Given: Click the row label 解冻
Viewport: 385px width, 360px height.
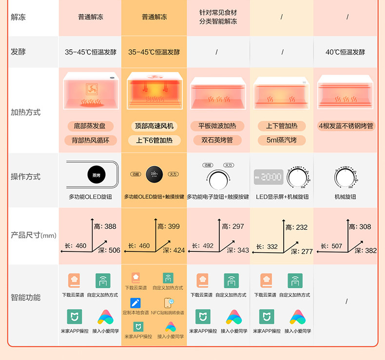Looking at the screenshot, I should point(18,18).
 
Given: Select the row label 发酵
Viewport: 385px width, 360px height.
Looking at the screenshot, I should point(18,52).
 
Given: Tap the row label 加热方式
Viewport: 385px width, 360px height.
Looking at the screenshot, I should point(25,112).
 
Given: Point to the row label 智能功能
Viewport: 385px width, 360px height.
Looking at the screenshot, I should point(25,297).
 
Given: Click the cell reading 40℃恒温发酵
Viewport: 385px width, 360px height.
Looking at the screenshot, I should point(345,52).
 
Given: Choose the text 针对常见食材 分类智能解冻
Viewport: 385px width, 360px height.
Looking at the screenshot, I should point(218,18).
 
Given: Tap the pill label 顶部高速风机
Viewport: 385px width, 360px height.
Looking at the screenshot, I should point(154,126).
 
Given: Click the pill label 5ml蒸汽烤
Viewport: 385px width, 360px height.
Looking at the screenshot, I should point(282,140).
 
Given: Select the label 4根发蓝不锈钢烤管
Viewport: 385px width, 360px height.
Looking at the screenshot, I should point(346,126).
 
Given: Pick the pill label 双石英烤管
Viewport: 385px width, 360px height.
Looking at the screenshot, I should point(217,140).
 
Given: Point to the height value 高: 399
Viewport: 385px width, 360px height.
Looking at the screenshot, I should point(169,226).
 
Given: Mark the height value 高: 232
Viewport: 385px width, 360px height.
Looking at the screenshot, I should point(296,227).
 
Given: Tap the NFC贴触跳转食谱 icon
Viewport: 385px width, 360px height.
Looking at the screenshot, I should point(168,303).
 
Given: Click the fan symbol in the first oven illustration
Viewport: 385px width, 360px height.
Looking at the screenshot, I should point(92,88).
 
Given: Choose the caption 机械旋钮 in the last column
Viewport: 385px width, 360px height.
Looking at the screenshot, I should point(345,197).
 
